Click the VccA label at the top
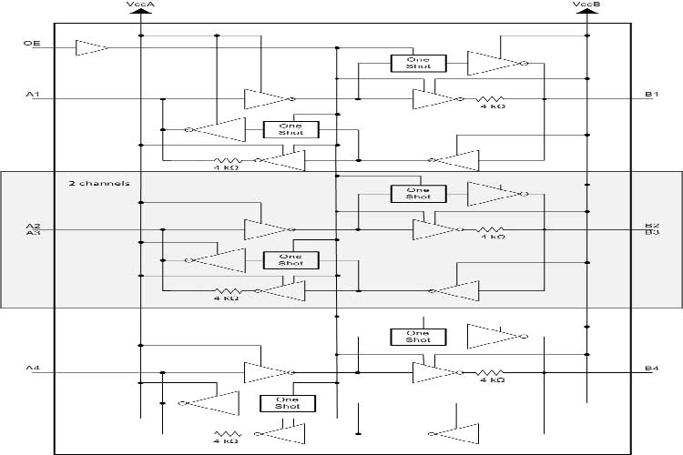141,5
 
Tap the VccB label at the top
586,5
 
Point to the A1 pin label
33,95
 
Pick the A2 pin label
33,225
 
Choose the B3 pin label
652,233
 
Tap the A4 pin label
33,368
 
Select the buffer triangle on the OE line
91,45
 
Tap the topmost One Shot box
418,63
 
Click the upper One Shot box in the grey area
418,193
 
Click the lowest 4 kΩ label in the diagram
227,441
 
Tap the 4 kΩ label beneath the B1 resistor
493,107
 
